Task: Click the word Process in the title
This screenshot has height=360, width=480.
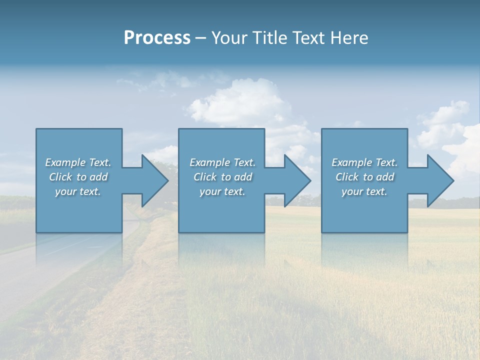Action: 157,38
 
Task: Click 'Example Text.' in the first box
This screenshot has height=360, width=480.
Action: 78,162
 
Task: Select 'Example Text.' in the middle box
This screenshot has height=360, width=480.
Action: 222,162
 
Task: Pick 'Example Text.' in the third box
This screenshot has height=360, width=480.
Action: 364,162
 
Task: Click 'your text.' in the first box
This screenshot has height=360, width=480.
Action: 78,191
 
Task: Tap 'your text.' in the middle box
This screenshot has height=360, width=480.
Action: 222,191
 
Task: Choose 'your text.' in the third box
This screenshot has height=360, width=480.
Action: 364,191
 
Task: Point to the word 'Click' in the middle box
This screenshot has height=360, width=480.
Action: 205,177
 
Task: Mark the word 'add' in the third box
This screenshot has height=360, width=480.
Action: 385,177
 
